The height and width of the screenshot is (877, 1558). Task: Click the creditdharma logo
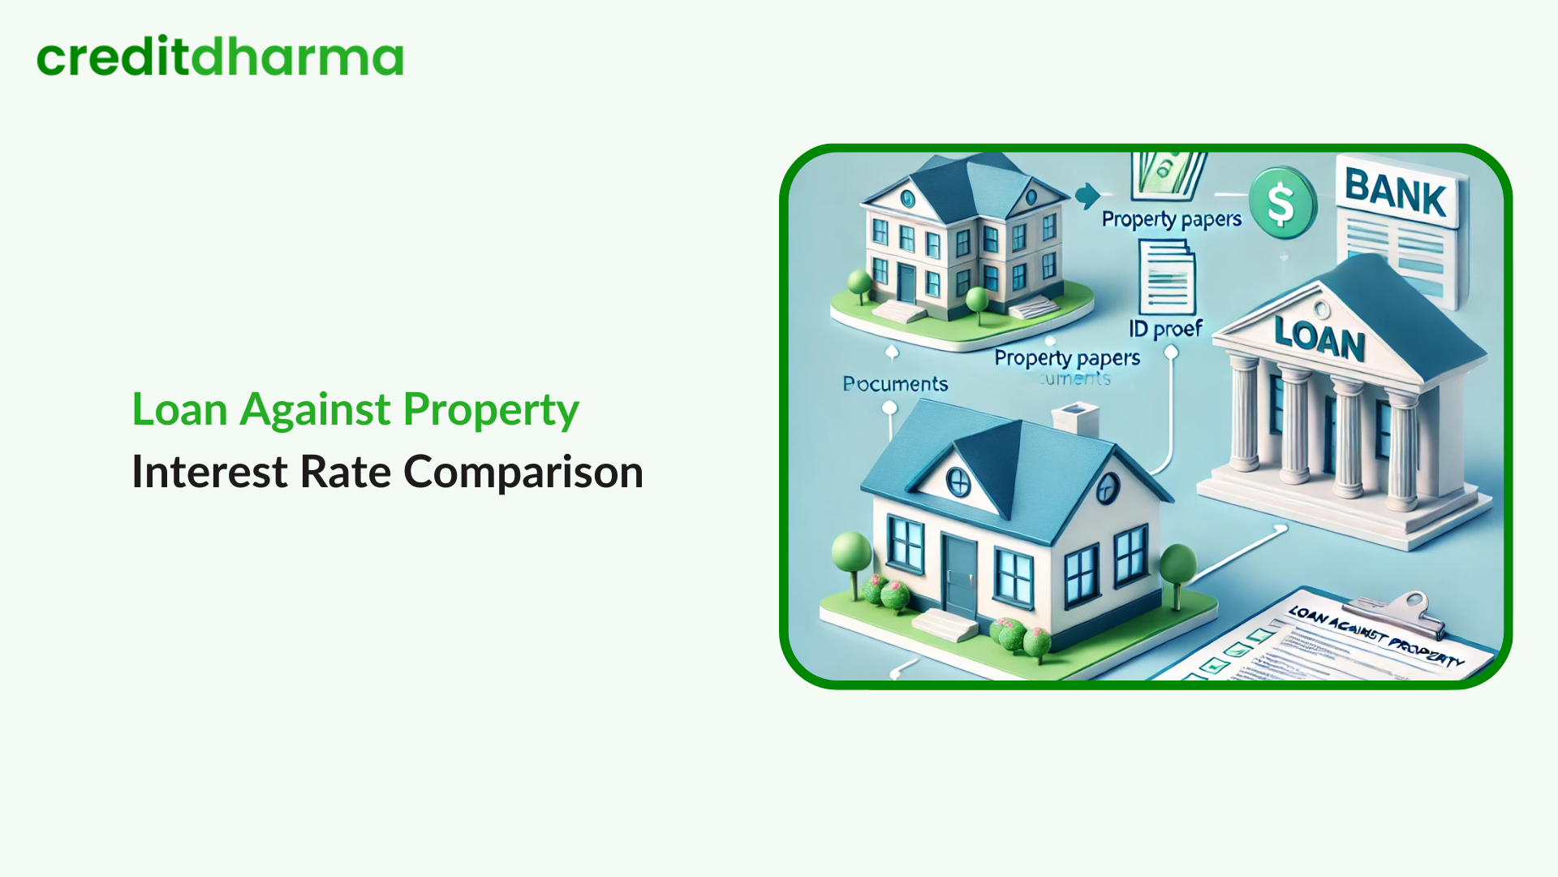220,57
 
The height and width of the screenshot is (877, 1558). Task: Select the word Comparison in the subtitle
523,473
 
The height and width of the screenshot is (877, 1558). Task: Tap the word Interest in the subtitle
209,473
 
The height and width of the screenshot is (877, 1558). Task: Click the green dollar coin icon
1281,203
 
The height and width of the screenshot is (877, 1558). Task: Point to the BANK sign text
1395,193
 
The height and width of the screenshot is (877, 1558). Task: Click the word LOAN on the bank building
1319,338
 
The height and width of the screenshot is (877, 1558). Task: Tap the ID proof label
1165,329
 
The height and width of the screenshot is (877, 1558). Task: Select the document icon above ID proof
1167,278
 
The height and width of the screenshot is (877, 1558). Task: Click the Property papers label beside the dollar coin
1171,219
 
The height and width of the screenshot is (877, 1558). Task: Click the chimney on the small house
1074,421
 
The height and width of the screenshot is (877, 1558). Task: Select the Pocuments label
895,384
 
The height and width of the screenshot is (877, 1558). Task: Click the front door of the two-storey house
906,283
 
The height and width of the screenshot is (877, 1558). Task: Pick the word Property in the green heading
491,410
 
